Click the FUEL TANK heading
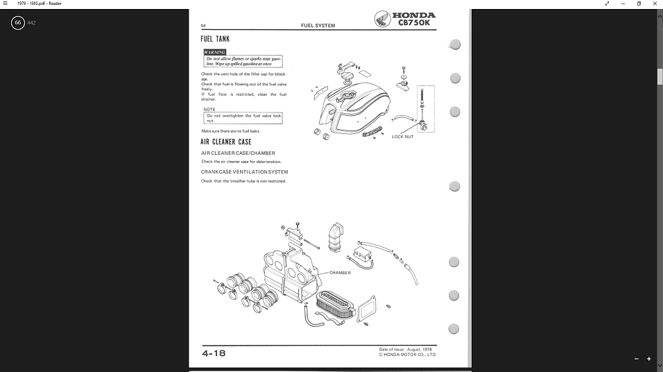click(x=215, y=39)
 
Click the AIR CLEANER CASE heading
click(x=226, y=142)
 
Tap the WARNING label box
click(x=214, y=52)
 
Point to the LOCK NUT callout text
click(x=402, y=137)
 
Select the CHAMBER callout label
click(x=340, y=273)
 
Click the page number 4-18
click(x=214, y=353)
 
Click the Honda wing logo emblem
click(x=381, y=19)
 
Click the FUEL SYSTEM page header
click(x=318, y=26)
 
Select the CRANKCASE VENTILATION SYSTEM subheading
click(x=244, y=172)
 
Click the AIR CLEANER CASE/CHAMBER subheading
click(x=238, y=153)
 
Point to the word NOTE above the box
click(x=209, y=109)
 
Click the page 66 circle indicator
click(x=18, y=23)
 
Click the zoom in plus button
click(x=649, y=359)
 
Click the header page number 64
click(x=203, y=26)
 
